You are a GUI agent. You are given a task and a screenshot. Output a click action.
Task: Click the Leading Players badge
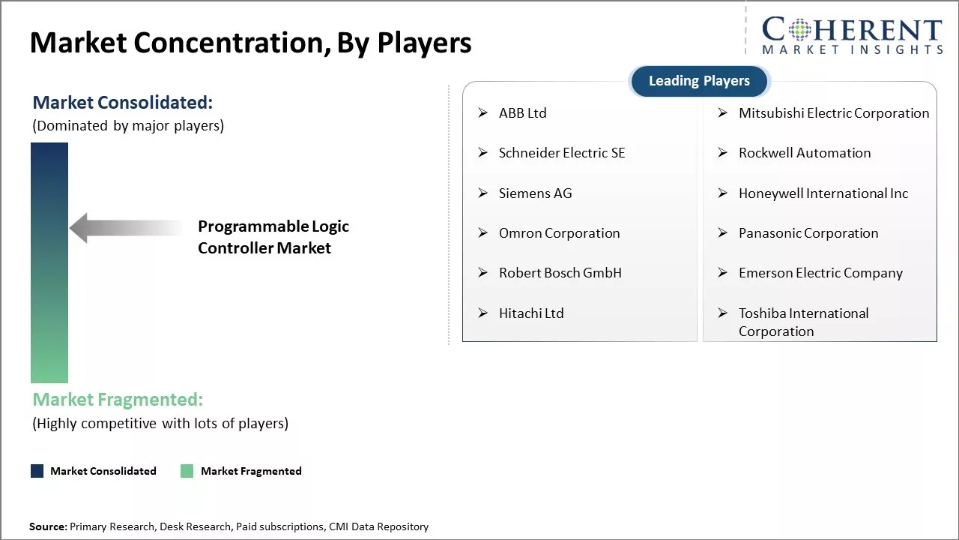point(700,81)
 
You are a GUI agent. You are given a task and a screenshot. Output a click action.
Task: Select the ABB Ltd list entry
point(523,113)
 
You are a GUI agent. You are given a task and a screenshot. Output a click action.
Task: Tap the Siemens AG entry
point(535,193)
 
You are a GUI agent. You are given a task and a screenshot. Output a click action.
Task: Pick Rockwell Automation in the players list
point(805,153)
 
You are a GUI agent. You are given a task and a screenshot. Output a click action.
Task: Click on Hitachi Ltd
point(531,313)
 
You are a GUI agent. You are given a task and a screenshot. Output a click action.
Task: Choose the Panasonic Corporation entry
point(808,233)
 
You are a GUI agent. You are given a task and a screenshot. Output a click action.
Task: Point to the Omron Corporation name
point(559,233)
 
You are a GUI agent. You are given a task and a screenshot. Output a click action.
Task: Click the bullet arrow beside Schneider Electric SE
point(483,152)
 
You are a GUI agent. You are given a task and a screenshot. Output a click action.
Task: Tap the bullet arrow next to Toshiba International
point(723,313)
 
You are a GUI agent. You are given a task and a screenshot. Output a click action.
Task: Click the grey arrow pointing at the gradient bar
point(126,228)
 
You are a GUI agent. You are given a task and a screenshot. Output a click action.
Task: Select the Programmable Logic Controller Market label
point(273,237)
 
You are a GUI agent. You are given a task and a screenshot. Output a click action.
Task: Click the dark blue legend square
point(37,471)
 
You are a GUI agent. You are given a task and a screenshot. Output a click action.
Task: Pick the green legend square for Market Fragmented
point(187,471)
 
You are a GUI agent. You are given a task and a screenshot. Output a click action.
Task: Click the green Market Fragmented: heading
point(118,400)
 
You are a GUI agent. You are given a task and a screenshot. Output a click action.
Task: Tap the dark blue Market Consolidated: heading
point(122,103)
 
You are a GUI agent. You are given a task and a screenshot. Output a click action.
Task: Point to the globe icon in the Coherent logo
point(799,30)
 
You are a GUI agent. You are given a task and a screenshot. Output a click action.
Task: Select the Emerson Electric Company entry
point(820,274)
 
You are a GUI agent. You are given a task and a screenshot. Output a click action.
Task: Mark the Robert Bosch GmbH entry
point(560,273)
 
